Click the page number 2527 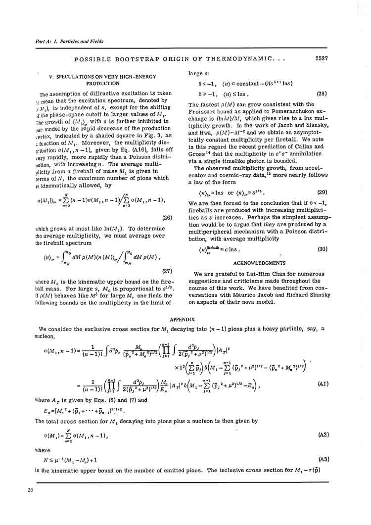[322, 59]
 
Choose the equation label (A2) [324, 435]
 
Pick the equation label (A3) [324, 460]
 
